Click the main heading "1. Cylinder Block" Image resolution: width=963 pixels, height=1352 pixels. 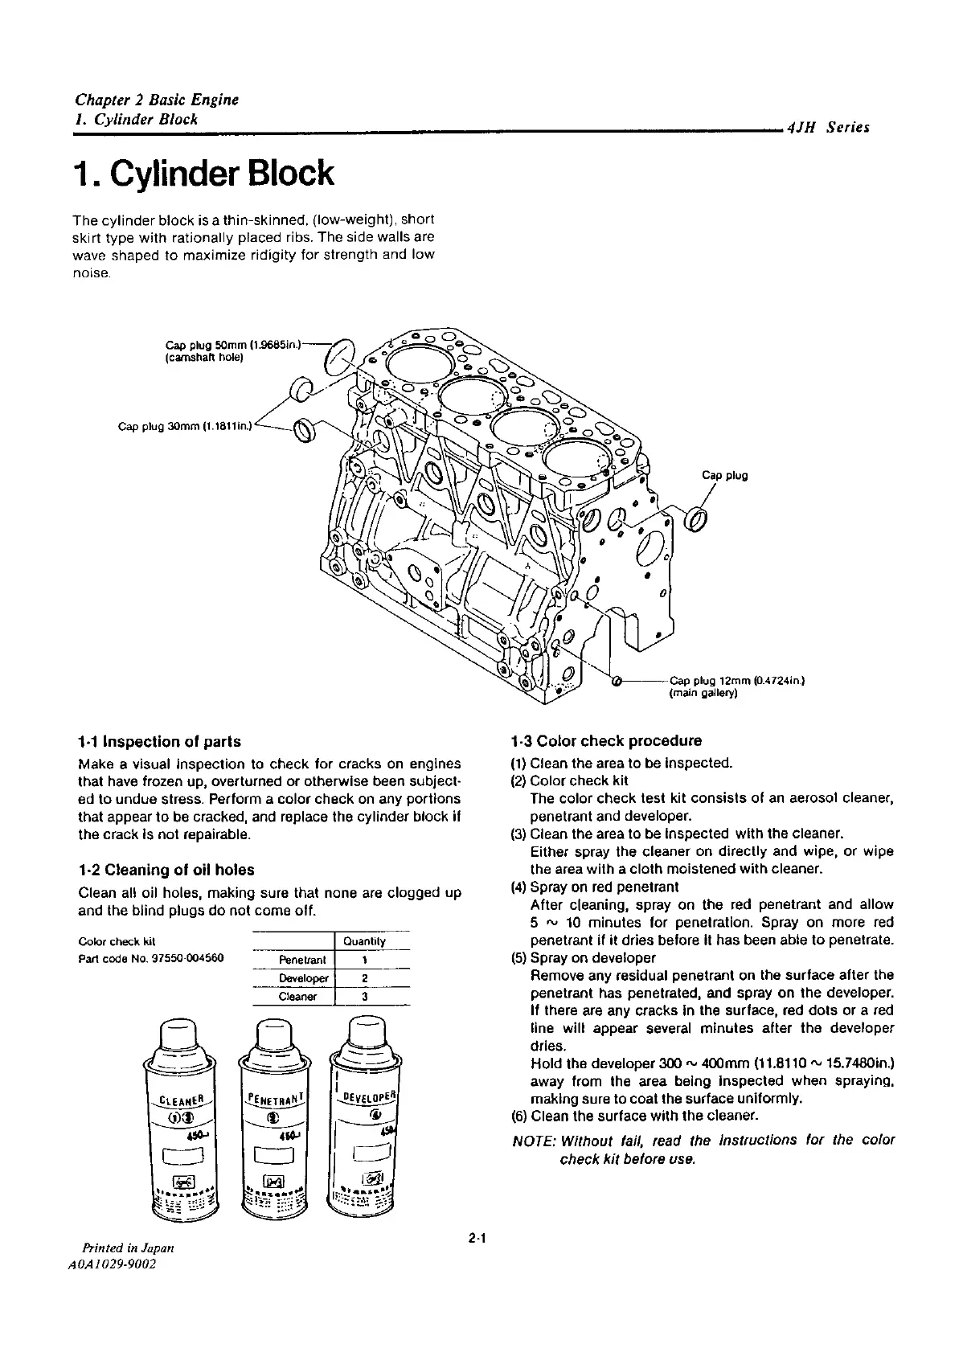click(203, 174)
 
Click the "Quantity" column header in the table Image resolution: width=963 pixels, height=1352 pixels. click(364, 941)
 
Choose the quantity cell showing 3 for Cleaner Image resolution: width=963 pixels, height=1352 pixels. click(365, 997)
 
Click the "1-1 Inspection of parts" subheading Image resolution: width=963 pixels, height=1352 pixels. click(159, 741)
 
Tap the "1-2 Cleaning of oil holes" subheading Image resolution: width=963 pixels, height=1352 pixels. click(166, 870)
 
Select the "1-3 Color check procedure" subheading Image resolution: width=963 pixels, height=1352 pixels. click(606, 740)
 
